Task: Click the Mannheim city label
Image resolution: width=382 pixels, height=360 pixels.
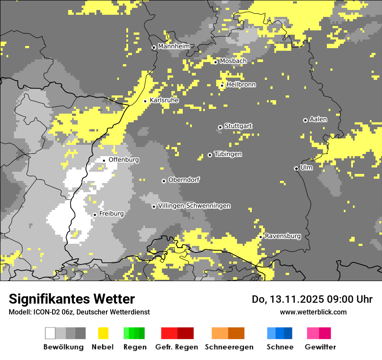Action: pyautogui.click(x=174, y=46)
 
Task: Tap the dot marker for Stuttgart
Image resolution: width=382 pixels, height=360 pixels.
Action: pyautogui.click(x=220, y=127)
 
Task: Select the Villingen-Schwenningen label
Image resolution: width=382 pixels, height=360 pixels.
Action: pyautogui.click(x=194, y=206)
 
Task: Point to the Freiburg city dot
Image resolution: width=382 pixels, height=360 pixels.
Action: pyautogui.click(x=95, y=215)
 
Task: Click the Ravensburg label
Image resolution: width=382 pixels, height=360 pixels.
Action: pyautogui.click(x=283, y=236)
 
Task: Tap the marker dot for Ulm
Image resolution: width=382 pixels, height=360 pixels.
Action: pyautogui.click(x=296, y=168)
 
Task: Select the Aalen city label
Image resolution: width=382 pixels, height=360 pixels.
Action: pyautogui.click(x=318, y=119)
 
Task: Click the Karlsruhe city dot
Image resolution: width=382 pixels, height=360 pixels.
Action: pyautogui.click(x=145, y=101)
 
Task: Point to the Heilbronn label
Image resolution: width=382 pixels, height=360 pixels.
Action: pyautogui.click(x=241, y=85)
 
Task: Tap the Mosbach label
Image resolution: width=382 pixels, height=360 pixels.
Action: pyautogui.click(x=233, y=61)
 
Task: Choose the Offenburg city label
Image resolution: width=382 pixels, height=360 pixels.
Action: pyautogui.click(x=124, y=160)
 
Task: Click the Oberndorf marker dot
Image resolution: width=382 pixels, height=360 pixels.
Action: pyautogui.click(x=164, y=181)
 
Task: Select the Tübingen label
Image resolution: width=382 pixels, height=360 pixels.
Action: pyautogui.click(x=228, y=154)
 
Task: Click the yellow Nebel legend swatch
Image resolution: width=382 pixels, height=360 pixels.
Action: pyautogui.click(x=103, y=333)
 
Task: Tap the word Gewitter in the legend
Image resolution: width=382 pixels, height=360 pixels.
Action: pyautogui.click(x=320, y=347)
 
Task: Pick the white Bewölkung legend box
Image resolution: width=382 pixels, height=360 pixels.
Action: pyautogui.click(x=50, y=333)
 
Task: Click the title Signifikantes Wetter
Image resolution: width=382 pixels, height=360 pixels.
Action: pyautogui.click(x=72, y=299)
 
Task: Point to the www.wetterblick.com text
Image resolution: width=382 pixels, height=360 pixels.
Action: pyautogui.click(x=313, y=312)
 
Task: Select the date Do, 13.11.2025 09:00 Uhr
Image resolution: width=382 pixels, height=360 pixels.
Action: pyautogui.click(x=312, y=299)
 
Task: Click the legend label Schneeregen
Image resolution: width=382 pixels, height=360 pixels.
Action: pyautogui.click(x=229, y=347)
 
